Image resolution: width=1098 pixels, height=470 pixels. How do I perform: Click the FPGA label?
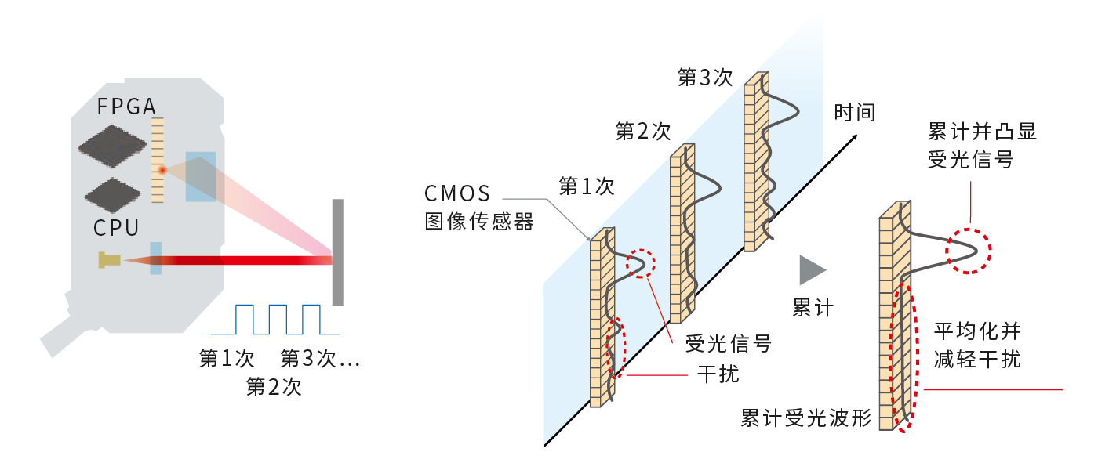tap(126, 107)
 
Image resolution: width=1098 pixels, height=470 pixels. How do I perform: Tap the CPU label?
tap(116, 228)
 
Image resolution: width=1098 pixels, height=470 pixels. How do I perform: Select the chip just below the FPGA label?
tap(112, 146)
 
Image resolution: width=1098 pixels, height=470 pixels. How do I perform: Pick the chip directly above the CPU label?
tap(113, 195)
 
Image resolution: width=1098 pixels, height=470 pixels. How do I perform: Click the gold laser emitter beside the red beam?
tap(109, 260)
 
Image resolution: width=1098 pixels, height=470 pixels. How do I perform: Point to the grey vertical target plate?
tap(338, 252)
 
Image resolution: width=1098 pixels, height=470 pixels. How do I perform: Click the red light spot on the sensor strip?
tap(162, 170)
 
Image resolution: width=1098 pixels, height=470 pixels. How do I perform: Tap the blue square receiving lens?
tap(201, 177)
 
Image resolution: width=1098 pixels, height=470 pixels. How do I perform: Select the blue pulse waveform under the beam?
tap(275, 320)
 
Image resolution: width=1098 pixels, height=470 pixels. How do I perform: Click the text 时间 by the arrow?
tap(855, 113)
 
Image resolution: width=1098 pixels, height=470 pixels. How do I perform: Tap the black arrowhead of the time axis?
tap(853, 138)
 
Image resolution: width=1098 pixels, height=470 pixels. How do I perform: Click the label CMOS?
tap(456, 193)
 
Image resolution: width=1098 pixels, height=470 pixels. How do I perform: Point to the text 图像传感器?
tap(479, 221)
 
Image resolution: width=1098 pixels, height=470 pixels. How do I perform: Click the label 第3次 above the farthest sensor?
tap(705, 78)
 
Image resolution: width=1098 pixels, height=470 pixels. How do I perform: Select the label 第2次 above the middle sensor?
tap(642, 132)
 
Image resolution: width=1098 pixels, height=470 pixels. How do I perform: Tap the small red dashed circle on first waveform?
tap(641, 263)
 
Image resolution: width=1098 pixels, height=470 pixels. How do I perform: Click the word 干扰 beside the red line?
tap(718, 374)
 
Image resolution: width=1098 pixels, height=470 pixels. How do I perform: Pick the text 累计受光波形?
tap(806, 418)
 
